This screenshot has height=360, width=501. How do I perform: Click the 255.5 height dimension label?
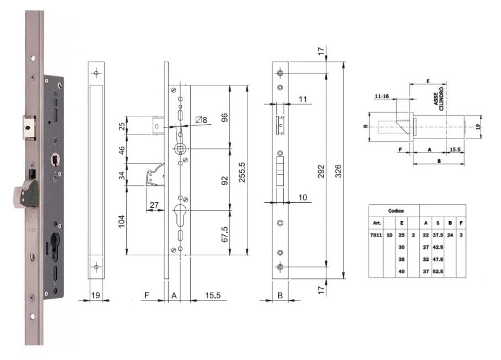coord(242,172)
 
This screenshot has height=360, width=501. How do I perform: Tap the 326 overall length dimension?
coord(338,171)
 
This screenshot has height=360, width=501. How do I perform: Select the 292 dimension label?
coord(321,171)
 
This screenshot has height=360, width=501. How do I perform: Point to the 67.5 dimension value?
coord(225,234)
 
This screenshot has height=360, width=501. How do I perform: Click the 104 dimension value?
coord(122,221)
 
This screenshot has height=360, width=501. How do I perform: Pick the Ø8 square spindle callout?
coord(201,120)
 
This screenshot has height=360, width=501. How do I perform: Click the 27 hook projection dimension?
coord(154,205)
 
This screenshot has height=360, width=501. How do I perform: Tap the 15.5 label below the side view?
coord(213,295)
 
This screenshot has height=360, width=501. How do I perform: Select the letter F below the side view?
coord(147,295)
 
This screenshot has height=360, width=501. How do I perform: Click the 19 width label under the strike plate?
coord(95,295)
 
